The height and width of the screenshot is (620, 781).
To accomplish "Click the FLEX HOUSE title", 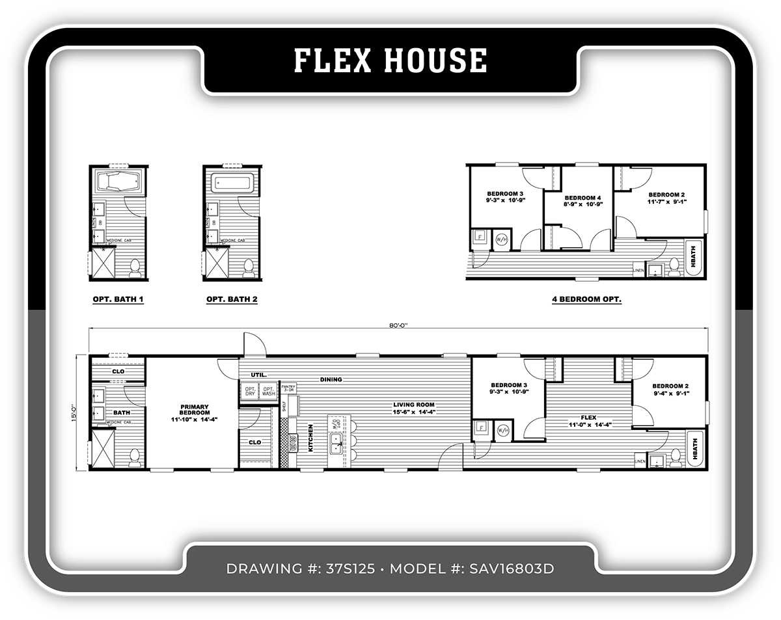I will coord(390,61).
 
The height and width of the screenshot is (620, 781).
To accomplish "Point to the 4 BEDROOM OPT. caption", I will coord(586,300).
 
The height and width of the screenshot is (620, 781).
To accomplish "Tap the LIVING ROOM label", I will coord(413,407).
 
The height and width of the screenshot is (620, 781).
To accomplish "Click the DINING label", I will coord(331,379).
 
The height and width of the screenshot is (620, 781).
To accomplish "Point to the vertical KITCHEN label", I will coord(311,437).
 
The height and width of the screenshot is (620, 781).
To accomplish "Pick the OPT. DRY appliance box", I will coord(250,391).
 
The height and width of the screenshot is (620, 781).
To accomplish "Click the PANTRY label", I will coord(288,388).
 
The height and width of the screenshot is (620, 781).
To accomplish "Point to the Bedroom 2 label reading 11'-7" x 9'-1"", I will coord(666,198).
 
